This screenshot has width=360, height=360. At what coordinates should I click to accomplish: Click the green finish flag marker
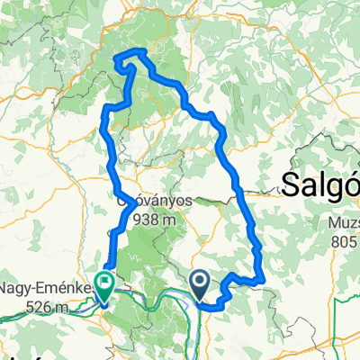(106, 283)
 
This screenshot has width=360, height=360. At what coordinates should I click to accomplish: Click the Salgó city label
(320, 184)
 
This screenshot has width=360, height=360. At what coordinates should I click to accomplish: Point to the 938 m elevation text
(148, 219)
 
